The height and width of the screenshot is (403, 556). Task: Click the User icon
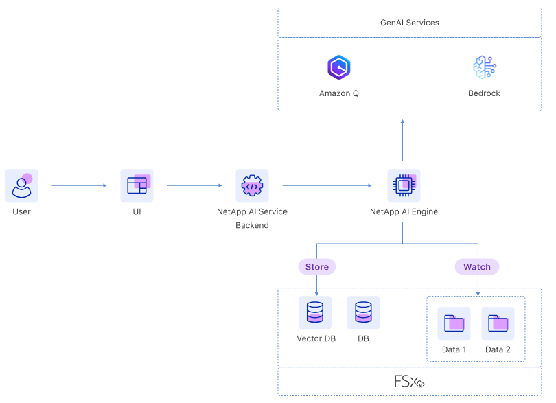click(x=22, y=185)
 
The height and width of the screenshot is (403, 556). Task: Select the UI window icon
click(x=137, y=185)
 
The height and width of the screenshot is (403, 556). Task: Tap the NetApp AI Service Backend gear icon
click(x=252, y=185)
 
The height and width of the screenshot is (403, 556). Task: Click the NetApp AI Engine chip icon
click(x=404, y=185)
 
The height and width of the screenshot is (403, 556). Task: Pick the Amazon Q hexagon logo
click(x=339, y=67)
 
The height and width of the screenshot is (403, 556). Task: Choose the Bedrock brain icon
click(x=485, y=67)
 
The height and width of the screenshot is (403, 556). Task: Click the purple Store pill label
click(x=316, y=266)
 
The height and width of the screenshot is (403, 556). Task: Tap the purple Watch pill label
click(x=477, y=266)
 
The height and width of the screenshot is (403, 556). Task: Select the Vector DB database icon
click(x=316, y=312)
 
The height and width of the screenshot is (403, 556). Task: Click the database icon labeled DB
click(x=363, y=312)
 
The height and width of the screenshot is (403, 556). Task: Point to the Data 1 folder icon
click(x=454, y=323)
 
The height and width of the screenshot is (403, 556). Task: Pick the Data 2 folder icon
click(x=498, y=323)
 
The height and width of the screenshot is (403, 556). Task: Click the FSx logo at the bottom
click(x=409, y=382)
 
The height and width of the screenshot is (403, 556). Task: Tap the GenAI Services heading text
click(x=410, y=23)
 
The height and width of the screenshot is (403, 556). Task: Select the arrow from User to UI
click(x=79, y=185)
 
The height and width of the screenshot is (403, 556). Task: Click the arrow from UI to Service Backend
click(x=194, y=185)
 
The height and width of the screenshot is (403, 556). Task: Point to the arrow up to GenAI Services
click(x=403, y=141)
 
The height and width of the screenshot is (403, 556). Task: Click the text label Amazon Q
click(x=339, y=93)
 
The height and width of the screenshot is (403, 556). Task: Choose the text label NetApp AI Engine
click(x=404, y=211)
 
